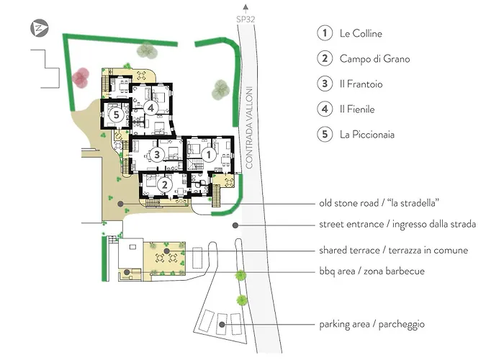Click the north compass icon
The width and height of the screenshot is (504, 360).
(x=39, y=28)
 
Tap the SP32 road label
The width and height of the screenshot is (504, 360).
(x=246, y=19)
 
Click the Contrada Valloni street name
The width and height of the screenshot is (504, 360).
(x=249, y=127)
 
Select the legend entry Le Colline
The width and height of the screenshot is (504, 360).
(x=361, y=33)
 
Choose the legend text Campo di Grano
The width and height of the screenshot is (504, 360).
(x=375, y=59)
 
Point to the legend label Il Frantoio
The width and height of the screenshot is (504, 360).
(x=361, y=84)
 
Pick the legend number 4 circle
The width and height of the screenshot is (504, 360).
(x=325, y=109)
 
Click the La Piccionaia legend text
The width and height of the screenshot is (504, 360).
(x=367, y=135)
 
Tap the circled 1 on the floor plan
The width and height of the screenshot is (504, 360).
(x=209, y=155)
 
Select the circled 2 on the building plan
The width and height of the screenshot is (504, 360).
(x=165, y=185)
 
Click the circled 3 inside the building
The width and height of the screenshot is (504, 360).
(x=156, y=155)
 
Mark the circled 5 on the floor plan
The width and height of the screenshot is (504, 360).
(x=117, y=114)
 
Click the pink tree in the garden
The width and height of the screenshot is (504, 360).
(x=81, y=78)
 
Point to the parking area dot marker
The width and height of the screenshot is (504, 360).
(x=222, y=325)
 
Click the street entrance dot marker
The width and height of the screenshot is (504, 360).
(x=235, y=225)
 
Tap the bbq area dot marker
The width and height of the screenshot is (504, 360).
(x=127, y=272)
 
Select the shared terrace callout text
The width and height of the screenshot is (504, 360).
(x=393, y=250)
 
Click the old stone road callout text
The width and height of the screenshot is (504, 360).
(x=379, y=203)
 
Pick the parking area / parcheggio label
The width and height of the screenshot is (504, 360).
(x=372, y=324)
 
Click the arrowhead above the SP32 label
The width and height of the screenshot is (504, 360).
(x=246, y=6)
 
